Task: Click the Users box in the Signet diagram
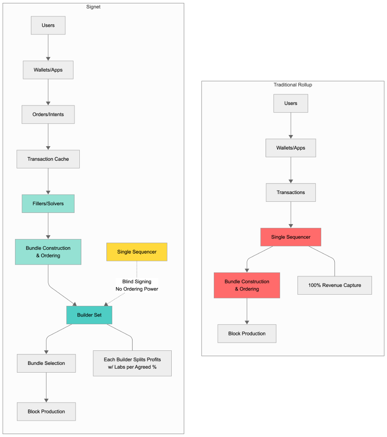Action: coord(48,25)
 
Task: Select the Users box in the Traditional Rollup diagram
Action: coord(290,103)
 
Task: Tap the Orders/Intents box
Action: coord(48,114)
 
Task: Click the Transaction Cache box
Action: coord(48,159)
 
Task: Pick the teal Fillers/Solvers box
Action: coord(48,203)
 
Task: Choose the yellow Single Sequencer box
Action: coord(137,252)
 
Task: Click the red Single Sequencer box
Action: coord(291,237)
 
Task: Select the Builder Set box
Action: coord(89,315)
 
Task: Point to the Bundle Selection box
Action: coord(46,363)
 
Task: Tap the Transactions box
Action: coord(291,192)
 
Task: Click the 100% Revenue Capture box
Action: coord(335,285)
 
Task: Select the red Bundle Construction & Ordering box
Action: coord(247,285)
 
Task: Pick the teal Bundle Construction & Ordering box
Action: coord(48,252)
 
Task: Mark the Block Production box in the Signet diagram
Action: coord(46,411)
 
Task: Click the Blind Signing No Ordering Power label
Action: coord(137,285)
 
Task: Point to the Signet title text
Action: coord(93,7)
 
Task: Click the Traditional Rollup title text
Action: coord(293,85)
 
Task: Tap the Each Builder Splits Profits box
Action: coord(132,363)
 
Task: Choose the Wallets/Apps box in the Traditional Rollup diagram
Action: coord(291,148)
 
